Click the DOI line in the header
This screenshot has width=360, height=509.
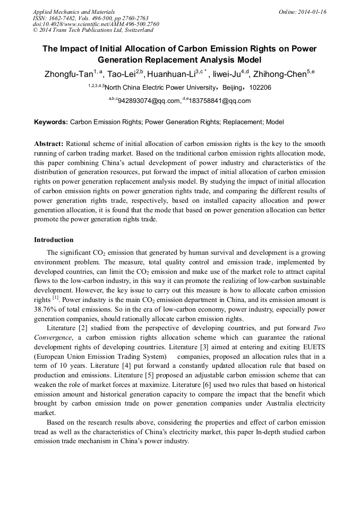96,24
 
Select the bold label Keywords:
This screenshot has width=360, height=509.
51,122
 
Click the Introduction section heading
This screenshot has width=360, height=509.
54,240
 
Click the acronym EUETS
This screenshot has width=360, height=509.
312,347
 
